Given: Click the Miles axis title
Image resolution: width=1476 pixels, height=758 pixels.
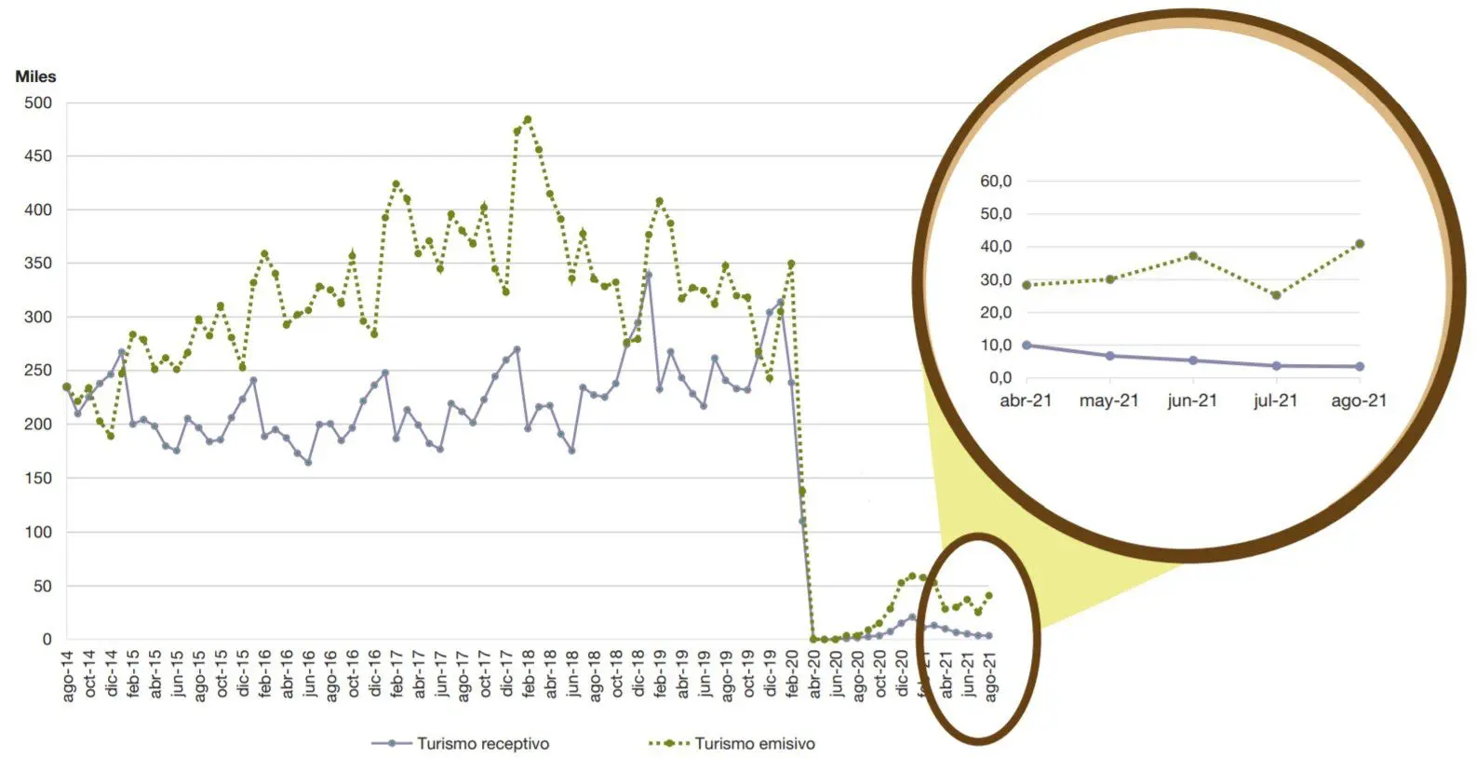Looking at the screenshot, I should click(35, 76).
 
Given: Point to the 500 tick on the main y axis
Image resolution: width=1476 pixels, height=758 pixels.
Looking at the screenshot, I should click(38, 103).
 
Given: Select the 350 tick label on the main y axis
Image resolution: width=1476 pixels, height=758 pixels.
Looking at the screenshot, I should click(38, 264).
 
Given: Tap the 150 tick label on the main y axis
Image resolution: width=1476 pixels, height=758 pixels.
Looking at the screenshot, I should click(38, 479).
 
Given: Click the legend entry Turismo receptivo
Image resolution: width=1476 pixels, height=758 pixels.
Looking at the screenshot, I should click(482, 744).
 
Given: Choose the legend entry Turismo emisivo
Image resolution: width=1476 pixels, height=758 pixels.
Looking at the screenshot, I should click(754, 744).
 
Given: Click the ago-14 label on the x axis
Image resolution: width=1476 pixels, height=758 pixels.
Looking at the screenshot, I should click(68, 678).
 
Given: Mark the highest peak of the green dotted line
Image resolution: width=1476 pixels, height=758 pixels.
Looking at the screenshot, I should click(528, 119).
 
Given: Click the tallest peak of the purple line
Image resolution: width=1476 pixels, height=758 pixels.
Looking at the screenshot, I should click(649, 275).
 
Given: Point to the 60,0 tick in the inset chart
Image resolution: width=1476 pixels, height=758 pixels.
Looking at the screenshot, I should click(995, 182).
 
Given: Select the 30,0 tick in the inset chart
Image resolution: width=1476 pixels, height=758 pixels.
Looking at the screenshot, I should click(995, 280).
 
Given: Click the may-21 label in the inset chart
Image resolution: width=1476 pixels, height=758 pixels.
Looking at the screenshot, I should click(1108, 401).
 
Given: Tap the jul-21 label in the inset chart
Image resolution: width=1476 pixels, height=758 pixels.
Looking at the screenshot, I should click(1275, 401).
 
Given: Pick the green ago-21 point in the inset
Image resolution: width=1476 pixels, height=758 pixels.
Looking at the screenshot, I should click(1360, 244).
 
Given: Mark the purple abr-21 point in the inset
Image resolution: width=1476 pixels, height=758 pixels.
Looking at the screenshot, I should click(1026, 345).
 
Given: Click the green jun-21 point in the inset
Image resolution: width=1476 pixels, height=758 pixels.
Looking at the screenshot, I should click(1193, 256).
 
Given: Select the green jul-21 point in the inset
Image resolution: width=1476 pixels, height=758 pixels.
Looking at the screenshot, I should click(1276, 295).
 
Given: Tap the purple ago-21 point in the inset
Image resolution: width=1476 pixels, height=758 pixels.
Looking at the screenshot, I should click(1360, 367).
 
